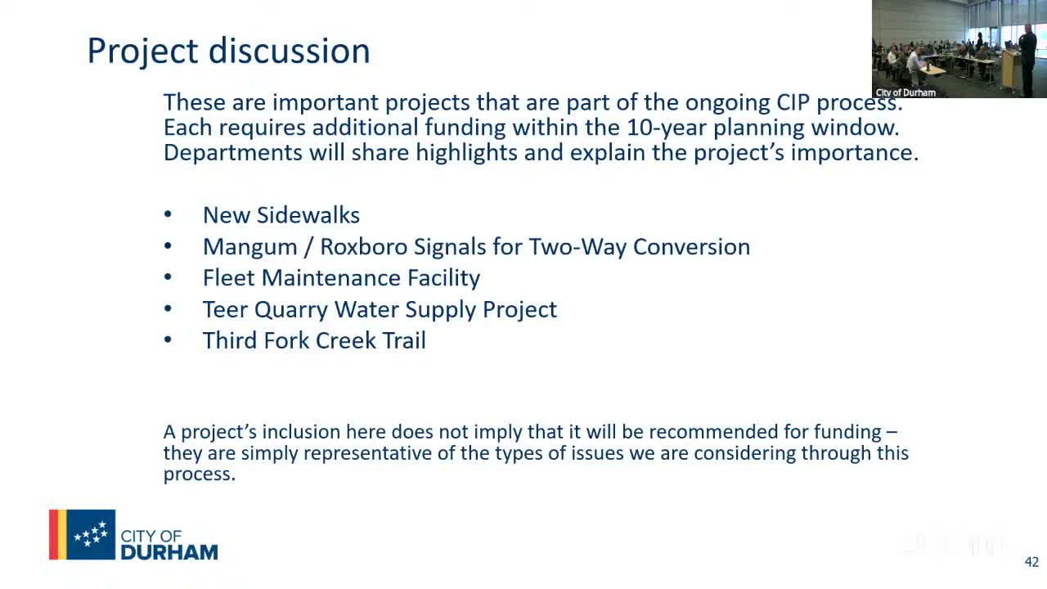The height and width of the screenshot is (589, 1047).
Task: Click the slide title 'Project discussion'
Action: click(228, 51)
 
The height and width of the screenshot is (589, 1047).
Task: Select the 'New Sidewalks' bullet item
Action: click(281, 215)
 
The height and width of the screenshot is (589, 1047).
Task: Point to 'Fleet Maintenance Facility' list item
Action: click(341, 278)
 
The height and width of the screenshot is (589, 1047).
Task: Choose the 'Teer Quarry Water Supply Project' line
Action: click(380, 309)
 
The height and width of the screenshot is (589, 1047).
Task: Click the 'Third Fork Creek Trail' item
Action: click(314, 340)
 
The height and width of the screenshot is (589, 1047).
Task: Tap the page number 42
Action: click(1031, 562)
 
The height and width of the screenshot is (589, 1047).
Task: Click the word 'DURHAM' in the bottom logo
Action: click(169, 552)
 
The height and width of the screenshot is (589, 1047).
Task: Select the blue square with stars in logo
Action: click(91, 535)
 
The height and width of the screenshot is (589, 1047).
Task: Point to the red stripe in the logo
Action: click(53, 535)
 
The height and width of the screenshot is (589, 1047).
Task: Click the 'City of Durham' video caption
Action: click(905, 92)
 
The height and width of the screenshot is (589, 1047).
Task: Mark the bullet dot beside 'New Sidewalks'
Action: click(168, 214)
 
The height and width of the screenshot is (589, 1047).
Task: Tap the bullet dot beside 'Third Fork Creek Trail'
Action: click(168, 339)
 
